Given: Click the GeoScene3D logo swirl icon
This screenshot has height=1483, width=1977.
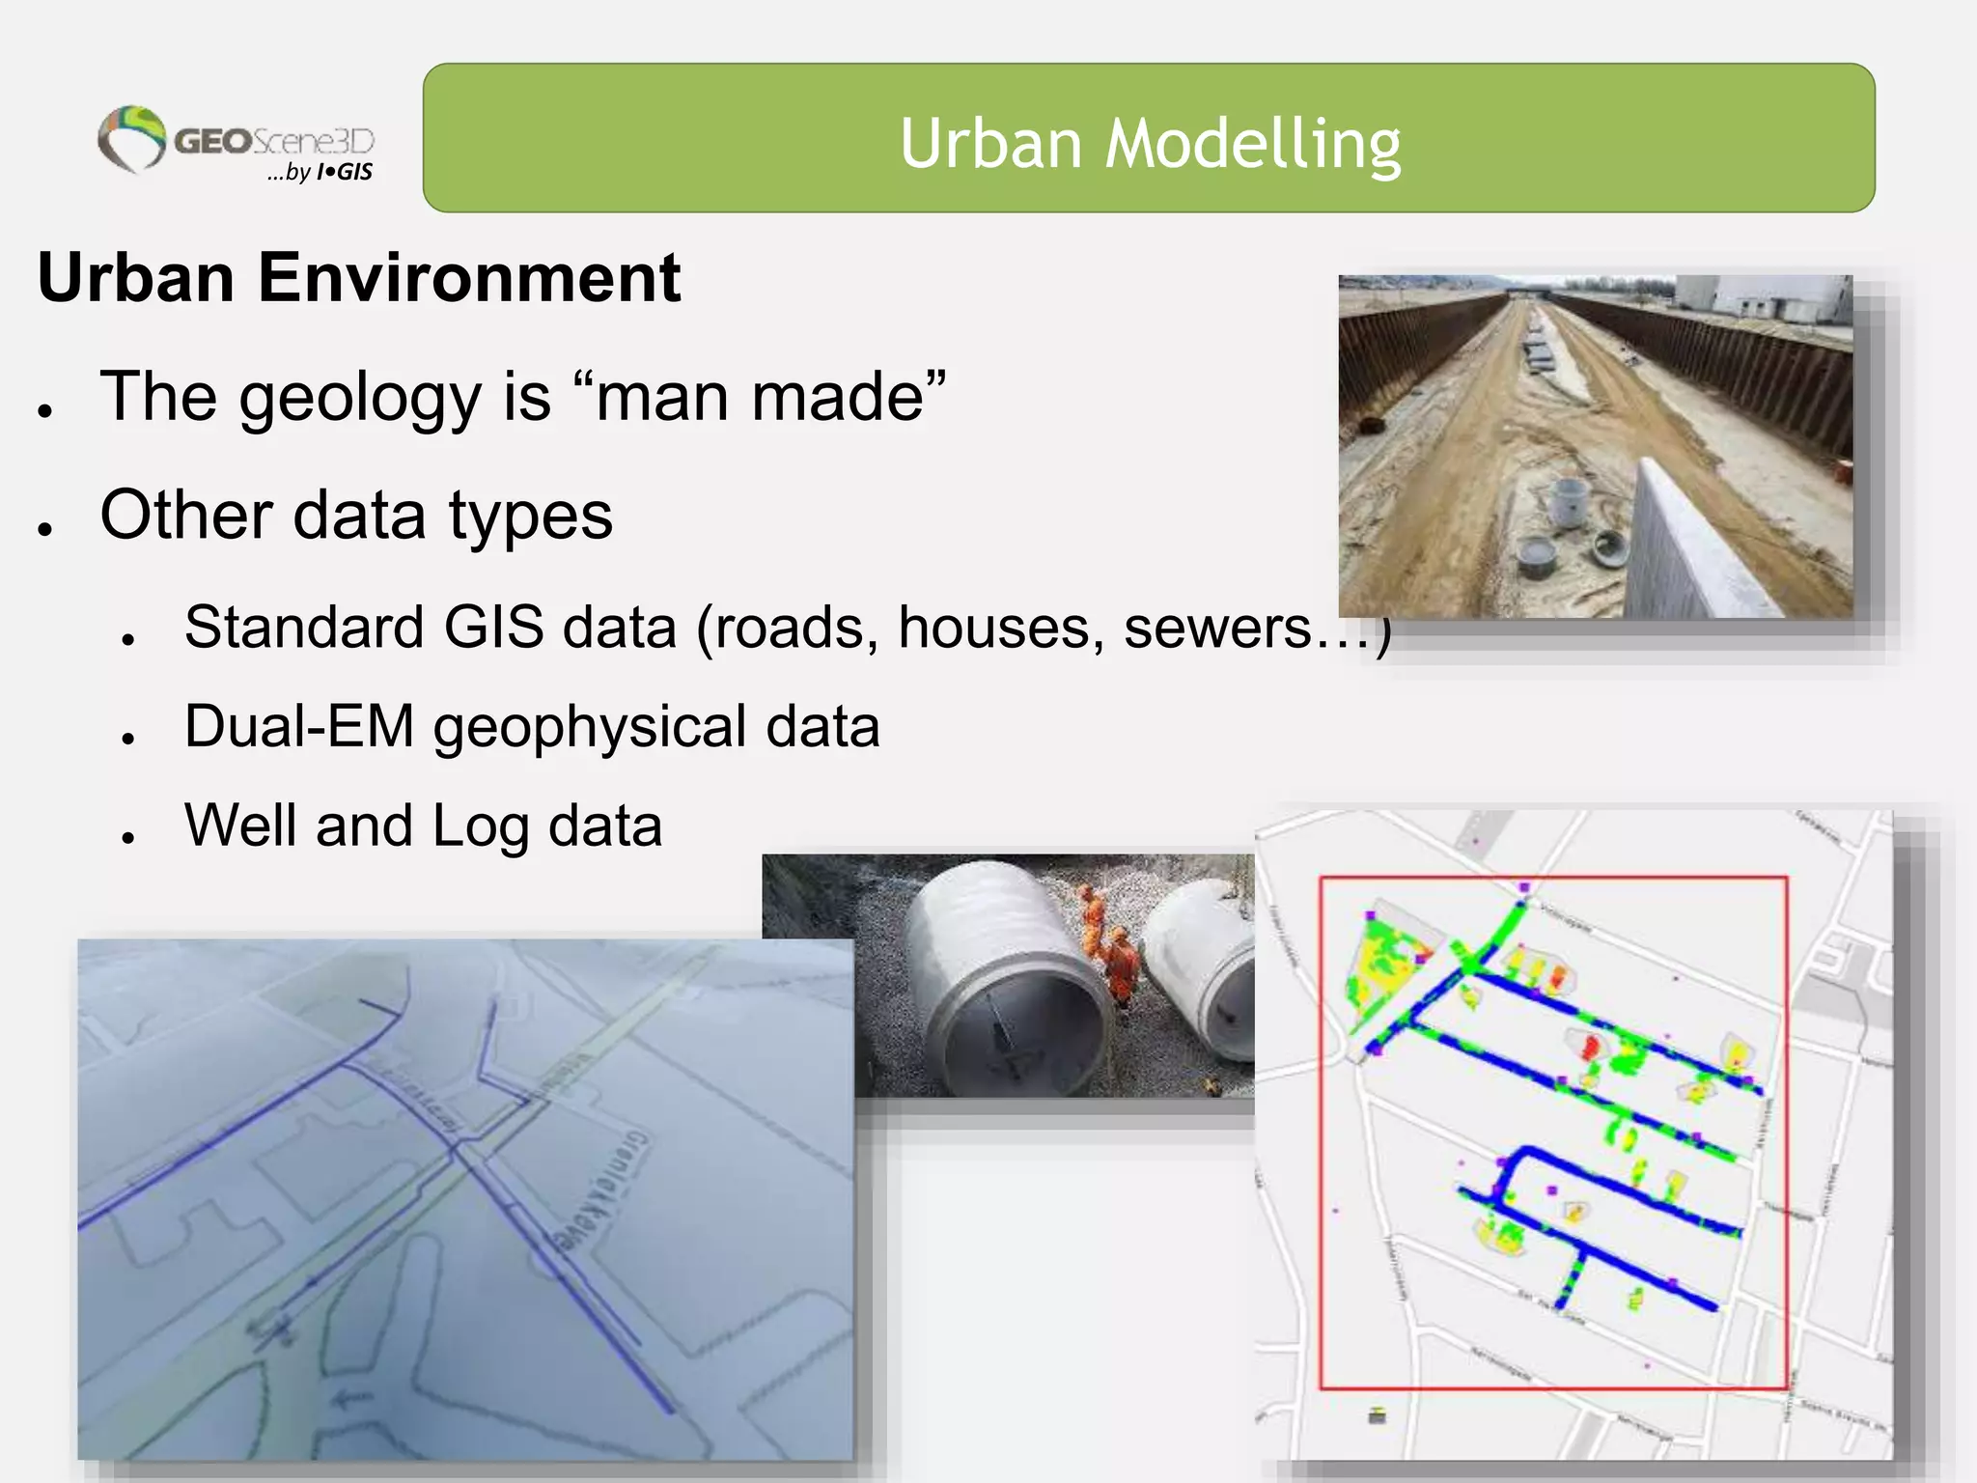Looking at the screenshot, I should click(x=132, y=138).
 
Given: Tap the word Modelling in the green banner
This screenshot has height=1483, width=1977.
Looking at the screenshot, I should click(x=1252, y=143).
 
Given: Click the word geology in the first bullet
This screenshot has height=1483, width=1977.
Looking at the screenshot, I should click(x=359, y=398).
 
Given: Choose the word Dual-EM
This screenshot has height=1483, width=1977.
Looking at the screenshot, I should click(x=298, y=726).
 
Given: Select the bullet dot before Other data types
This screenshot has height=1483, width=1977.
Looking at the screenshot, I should click(x=44, y=527).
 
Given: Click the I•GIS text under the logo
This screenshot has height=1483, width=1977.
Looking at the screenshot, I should click(x=344, y=173).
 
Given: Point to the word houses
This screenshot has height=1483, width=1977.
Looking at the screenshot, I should click(x=1001, y=629).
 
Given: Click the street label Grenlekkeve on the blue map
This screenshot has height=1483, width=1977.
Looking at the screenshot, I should click(x=596, y=1192).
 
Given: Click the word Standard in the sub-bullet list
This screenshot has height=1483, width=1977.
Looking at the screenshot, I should click(x=303, y=629).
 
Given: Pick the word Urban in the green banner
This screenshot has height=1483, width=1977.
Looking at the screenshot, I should click(x=989, y=143).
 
